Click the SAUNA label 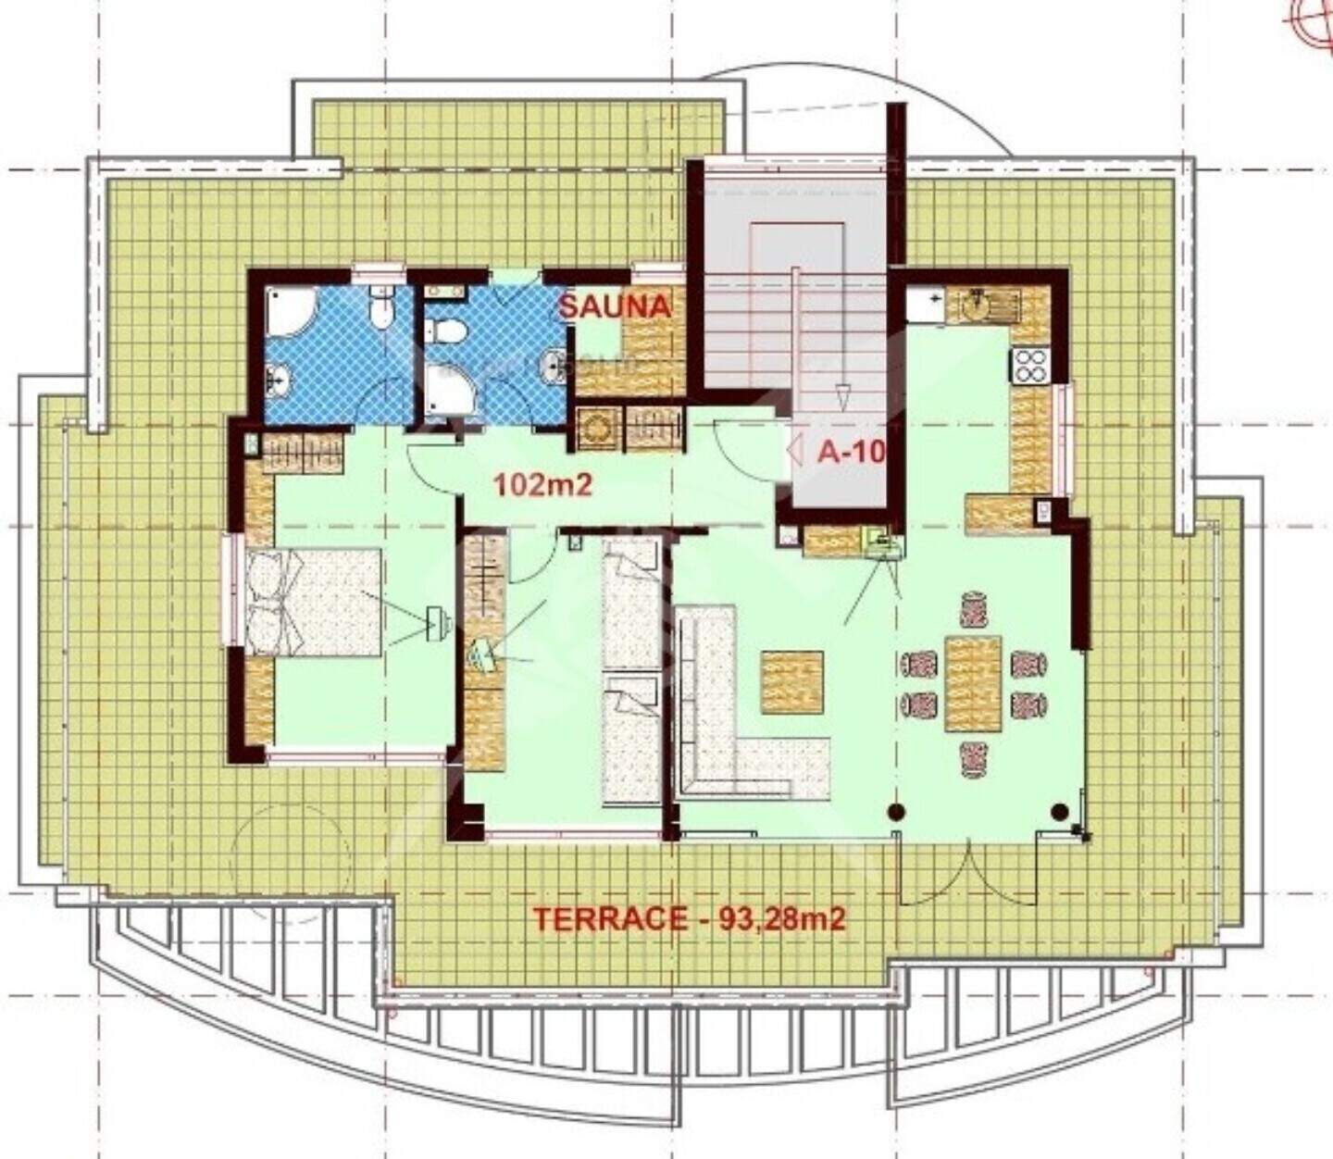coord(615,306)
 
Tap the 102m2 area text coord(543,485)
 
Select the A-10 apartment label coord(851,452)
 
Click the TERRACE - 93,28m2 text coord(690,918)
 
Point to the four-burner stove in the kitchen coord(1030,366)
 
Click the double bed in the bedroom coord(314,602)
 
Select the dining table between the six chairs coord(973,683)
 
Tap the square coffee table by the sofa coord(792,682)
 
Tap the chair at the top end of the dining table coord(973,608)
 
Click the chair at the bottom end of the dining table coord(973,760)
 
